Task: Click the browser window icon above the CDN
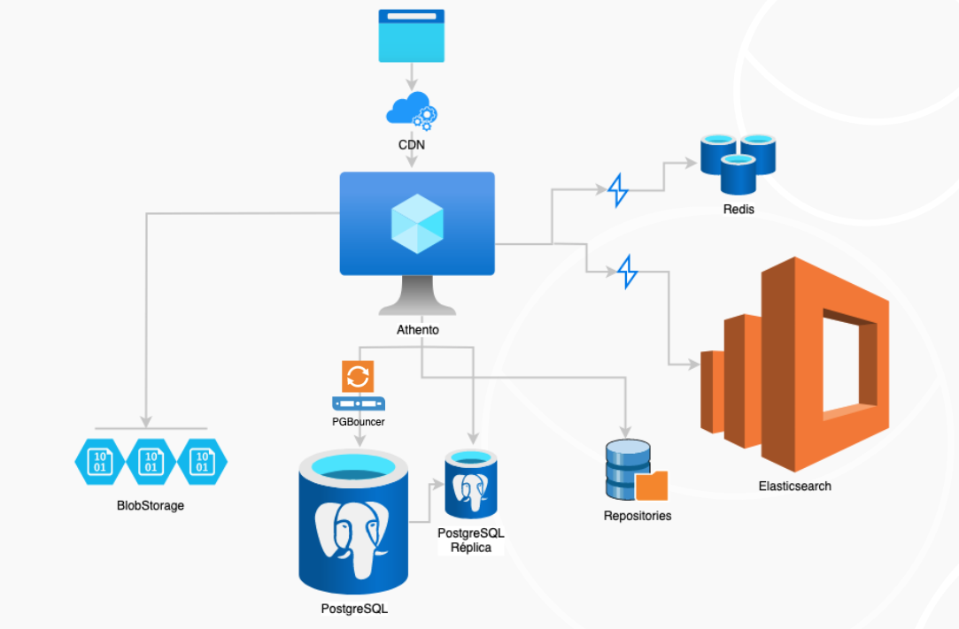412,35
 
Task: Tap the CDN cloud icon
409,109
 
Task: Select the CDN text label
412,144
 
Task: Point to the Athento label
418,330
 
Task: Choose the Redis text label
738,210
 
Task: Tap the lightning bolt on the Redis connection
618,190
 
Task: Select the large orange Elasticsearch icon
794,364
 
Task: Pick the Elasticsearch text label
794,486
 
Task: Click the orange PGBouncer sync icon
357,376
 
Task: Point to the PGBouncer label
358,422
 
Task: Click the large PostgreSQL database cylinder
353,522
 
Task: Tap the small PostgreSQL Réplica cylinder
469,485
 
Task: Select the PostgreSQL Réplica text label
469,540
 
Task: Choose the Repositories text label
637,515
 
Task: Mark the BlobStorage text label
151,506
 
